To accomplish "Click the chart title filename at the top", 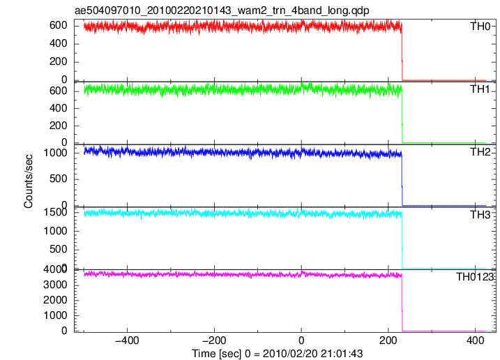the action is point(222,10).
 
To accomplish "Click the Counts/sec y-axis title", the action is point(29,181).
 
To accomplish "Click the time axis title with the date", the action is point(277,353).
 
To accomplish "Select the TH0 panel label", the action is point(480,27).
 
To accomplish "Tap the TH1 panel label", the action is point(480,89).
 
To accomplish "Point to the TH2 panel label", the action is point(480,152).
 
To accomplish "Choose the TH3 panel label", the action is point(480,215).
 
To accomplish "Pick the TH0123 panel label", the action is point(474,277).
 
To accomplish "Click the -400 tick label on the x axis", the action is point(127,340).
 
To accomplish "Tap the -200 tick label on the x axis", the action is point(214,340).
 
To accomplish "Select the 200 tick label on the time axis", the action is point(388,340).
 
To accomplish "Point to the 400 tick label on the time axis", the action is point(475,340).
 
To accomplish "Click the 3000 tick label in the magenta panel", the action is point(56,285).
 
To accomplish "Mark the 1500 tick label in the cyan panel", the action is point(56,212).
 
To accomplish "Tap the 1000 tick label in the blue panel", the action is point(56,153).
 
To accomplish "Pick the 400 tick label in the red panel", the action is point(59,43).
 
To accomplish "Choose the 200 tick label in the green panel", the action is point(59,126).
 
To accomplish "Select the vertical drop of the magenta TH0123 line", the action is point(402,303).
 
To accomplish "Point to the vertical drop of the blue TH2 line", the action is point(402,180).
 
